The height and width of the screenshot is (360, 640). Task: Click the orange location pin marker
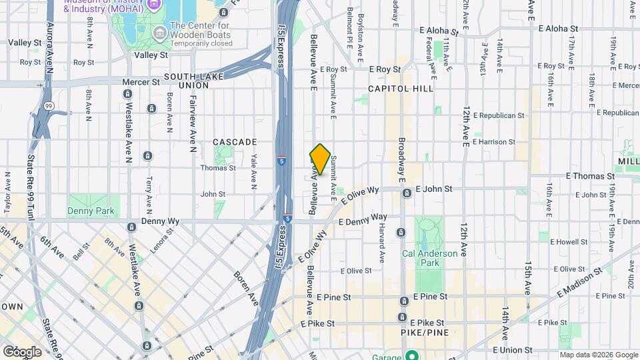[320, 160]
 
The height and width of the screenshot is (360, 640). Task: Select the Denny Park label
[91, 211]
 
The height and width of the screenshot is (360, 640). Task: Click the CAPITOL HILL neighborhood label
[401, 88]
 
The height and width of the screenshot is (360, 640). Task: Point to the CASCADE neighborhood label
[235, 142]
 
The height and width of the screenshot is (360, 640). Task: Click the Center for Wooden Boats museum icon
[160, 33]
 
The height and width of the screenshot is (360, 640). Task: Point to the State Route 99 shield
[49, 106]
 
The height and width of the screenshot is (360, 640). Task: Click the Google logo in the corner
[21, 351]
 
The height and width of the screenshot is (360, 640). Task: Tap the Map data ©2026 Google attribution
[599, 355]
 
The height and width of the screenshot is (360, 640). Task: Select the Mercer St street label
[141, 82]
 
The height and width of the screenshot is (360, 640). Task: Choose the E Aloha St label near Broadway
[438, 31]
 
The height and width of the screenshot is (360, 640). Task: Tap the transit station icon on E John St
[407, 193]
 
